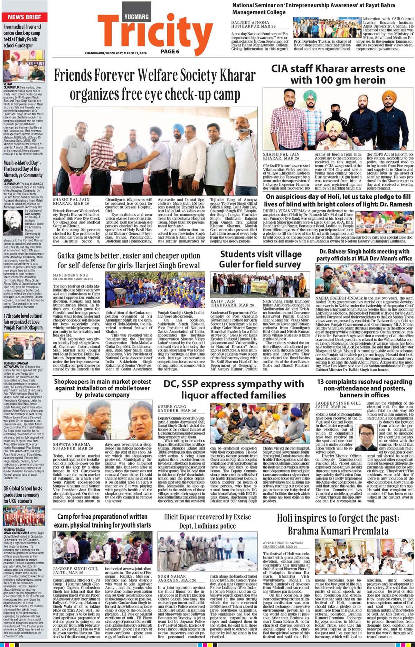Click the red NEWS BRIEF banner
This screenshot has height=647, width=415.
click(x=24, y=17)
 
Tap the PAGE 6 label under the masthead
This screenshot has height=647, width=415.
click(x=170, y=51)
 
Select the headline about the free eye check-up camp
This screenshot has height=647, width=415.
click(x=154, y=85)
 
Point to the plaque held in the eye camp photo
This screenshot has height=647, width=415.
click(x=121, y=159)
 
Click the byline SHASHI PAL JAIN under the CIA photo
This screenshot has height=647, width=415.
click(x=281, y=154)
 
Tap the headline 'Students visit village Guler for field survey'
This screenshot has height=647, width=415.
click(x=261, y=259)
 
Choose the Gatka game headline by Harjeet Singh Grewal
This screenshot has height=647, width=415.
click(x=129, y=260)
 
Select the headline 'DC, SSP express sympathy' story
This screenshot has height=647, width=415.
click(x=234, y=389)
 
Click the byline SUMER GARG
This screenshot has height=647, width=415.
click(x=172, y=407)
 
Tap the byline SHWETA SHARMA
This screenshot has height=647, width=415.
click(x=72, y=444)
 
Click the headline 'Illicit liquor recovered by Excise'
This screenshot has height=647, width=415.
click(x=207, y=521)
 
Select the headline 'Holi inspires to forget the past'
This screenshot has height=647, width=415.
click(x=338, y=524)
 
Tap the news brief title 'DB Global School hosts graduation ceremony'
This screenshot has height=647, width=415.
click(x=23, y=494)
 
